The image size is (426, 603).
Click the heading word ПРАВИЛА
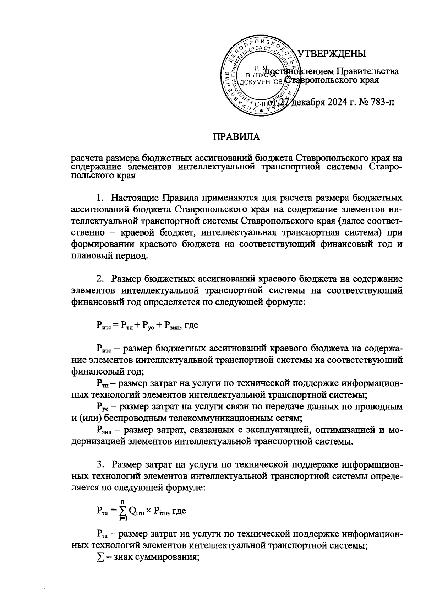tap(236, 137)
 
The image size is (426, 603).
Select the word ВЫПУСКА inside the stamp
tap(261, 75)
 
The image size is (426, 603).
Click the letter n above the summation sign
tap(123, 501)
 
